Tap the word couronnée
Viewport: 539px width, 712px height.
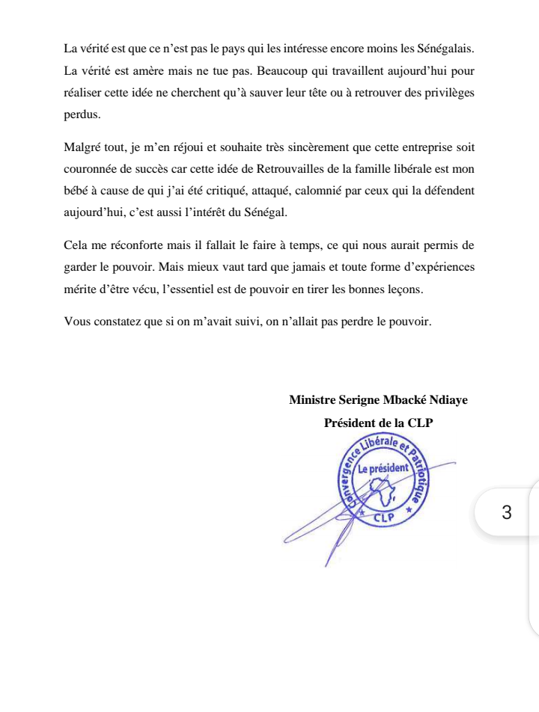click(94, 169)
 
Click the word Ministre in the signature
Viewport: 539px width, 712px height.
click(311, 400)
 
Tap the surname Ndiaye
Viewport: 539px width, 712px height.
click(447, 400)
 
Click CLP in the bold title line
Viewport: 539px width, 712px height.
click(420, 423)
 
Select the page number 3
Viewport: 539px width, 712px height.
click(507, 513)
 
